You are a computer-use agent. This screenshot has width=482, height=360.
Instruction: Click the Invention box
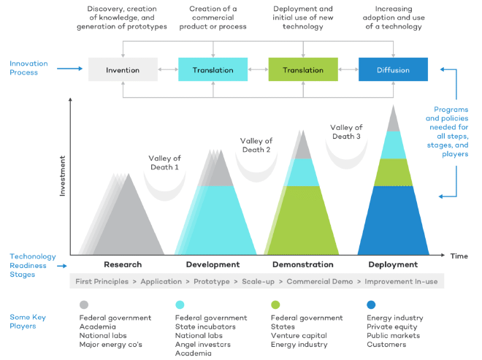pyautogui.click(x=123, y=70)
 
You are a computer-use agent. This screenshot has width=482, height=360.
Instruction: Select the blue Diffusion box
pyautogui.click(x=394, y=70)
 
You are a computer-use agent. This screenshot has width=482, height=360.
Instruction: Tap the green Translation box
pyautogui.click(x=303, y=70)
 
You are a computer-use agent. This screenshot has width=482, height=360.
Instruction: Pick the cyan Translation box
pyautogui.click(x=213, y=70)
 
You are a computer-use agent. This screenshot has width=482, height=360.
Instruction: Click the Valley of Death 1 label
pyautogui.click(x=164, y=163)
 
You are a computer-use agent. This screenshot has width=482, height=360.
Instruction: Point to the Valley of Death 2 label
pyautogui.click(x=256, y=145)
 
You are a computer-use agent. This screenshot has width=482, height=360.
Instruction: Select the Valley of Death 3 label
pyautogui.click(x=346, y=131)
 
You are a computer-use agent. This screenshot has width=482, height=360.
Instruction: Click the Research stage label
pyautogui.click(x=123, y=264)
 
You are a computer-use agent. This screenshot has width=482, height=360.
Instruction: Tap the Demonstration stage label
pyautogui.click(x=302, y=264)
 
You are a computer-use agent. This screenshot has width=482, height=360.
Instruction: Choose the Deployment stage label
pyautogui.click(x=393, y=264)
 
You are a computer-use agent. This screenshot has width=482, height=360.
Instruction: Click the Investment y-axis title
pyautogui.click(x=63, y=175)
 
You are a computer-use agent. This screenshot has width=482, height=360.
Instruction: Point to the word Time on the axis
pyautogui.click(x=459, y=256)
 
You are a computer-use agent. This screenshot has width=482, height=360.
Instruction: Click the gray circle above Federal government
pyautogui.click(x=84, y=305)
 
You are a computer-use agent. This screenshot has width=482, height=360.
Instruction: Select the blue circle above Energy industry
pyautogui.click(x=371, y=305)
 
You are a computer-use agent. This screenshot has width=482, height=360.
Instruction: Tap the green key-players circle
pyautogui.click(x=275, y=305)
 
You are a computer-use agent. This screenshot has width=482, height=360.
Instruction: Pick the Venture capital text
pyautogui.click(x=298, y=335)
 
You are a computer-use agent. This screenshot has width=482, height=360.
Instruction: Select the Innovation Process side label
pyautogui.click(x=30, y=68)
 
